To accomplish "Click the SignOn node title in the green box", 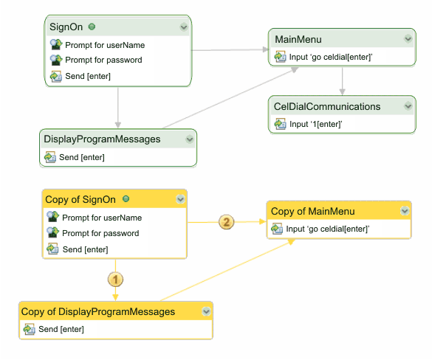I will [x=66, y=27].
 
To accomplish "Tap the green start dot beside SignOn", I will [x=92, y=27].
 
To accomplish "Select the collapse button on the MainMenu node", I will [x=408, y=38].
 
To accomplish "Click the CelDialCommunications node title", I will [x=326, y=106].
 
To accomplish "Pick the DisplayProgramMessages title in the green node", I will [x=101, y=139].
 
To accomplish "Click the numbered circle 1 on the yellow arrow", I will [x=115, y=279].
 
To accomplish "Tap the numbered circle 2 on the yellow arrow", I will [x=227, y=221].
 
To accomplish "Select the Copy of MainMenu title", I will [x=313, y=211].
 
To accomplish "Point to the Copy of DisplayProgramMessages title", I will [x=97, y=311].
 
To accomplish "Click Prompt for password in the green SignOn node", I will [x=103, y=60].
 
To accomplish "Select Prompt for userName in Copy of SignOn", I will [x=102, y=218].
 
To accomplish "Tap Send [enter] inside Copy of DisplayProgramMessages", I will [x=61, y=329].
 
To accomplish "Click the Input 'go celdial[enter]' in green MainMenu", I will [x=325, y=56].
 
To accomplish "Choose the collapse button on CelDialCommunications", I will [x=408, y=106].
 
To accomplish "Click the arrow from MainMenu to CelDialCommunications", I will [x=342, y=81].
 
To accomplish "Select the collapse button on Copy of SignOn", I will [x=179, y=199].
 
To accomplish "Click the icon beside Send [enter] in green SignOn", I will [x=55, y=76].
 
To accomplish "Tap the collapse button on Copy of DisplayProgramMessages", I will [x=205, y=311].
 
